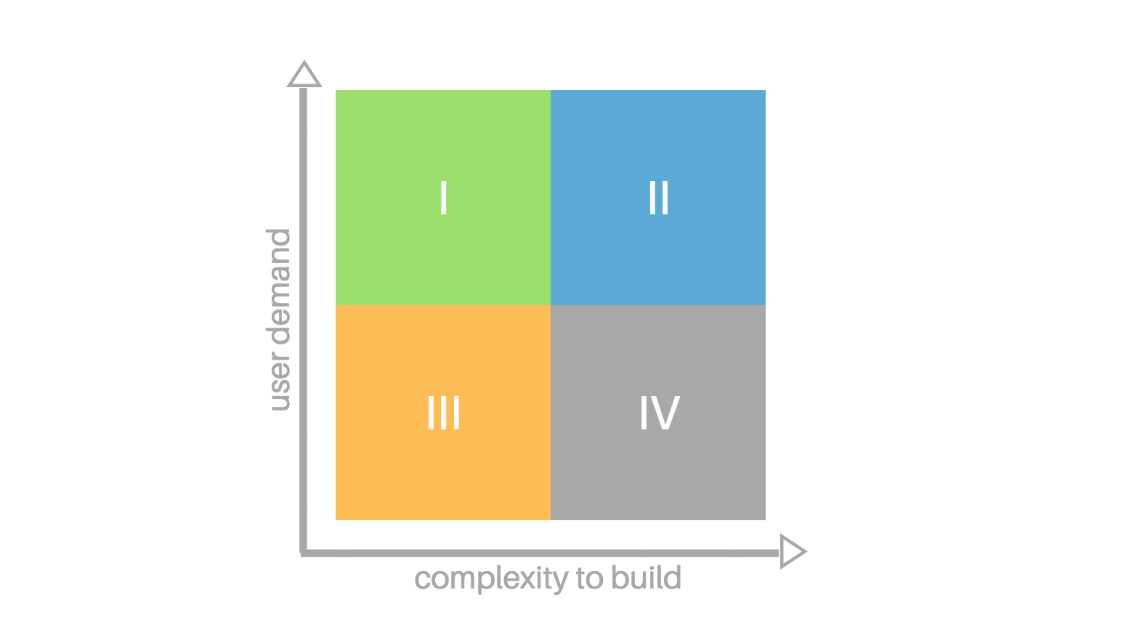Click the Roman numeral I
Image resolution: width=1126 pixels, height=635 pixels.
tap(443, 198)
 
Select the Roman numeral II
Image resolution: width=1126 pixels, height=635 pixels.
tap(658, 198)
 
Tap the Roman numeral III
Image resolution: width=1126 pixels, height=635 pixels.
tap(443, 413)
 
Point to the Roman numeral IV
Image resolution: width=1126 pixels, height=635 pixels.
tap(660, 413)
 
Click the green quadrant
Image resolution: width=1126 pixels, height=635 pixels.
tap(443, 198)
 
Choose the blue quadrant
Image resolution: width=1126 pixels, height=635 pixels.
tap(658, 198)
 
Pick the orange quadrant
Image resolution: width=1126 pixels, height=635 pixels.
tap(443, 413)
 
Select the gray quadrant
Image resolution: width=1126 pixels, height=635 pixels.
tap(658, 413)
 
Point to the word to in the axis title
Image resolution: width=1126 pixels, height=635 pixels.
tap(589, 578)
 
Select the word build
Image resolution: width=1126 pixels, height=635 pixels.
tap(646, 577)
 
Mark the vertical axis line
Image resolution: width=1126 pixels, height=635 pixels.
tap(303, 320)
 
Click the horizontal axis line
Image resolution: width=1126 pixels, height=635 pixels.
tap(540, 553)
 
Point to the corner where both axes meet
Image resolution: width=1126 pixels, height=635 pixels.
tap(303, 553)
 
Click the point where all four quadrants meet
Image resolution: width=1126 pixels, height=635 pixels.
tap(551, 305)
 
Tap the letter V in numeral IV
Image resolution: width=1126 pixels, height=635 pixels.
tap(665, 413)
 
